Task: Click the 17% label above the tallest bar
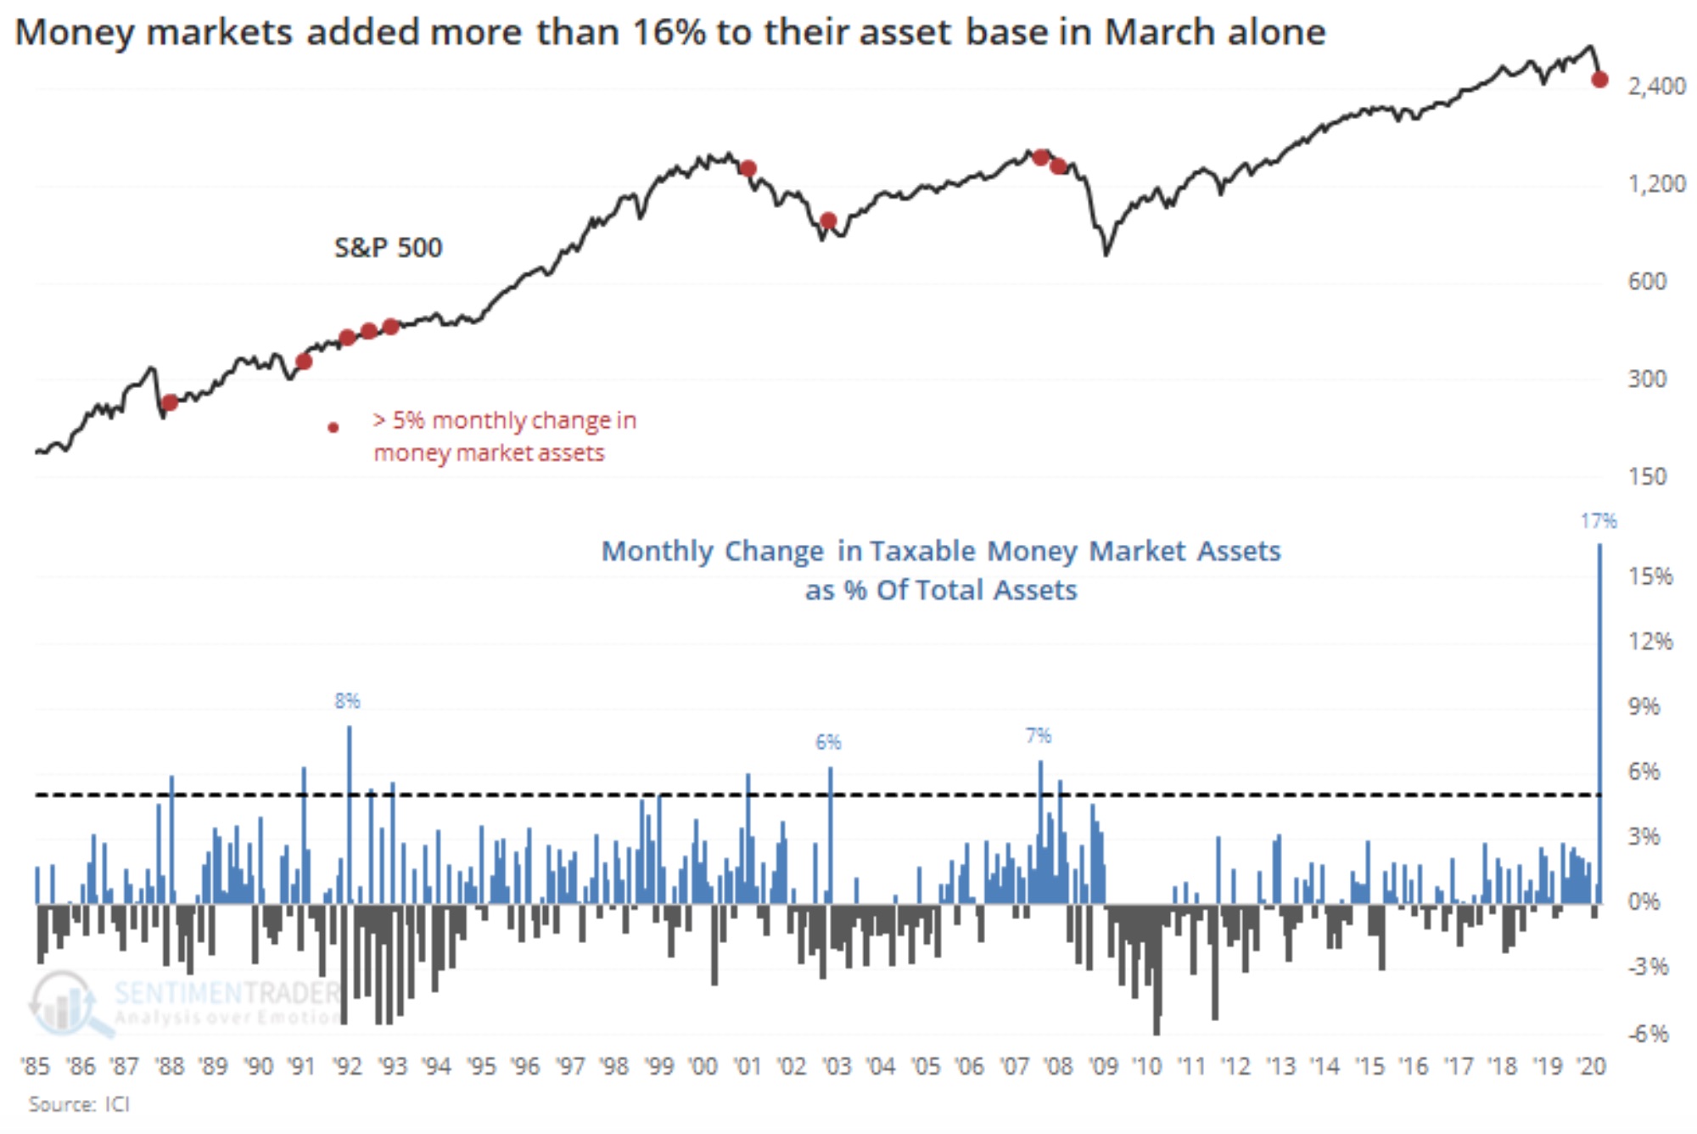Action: (x=1598, y=520)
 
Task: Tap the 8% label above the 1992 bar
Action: (x=347, y=700)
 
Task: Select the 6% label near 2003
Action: (x=828, y=742)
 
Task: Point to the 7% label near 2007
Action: (x=1038, y=735)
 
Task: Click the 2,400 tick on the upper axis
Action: (x=1656, y=86)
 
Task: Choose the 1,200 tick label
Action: (x=1656, y=183)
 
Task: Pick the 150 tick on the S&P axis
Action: (x=1647, y=476)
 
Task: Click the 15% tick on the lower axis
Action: (x=1650, y=576)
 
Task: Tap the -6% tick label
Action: (x=1648, y=1033)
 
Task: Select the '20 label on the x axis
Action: (x=1591, y=1066)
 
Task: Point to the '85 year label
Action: (x=36, y=1066)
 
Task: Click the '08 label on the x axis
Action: (x=1058, y=1066)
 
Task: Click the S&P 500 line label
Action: (x=388, y=247)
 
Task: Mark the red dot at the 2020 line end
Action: (x=1599, y=80)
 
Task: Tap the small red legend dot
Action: (x=333, y=427)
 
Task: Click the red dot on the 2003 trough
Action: (x=828, y=222)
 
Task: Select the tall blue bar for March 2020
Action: (x=1600, y=721)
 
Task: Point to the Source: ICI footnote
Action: (x=79, y=1103)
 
